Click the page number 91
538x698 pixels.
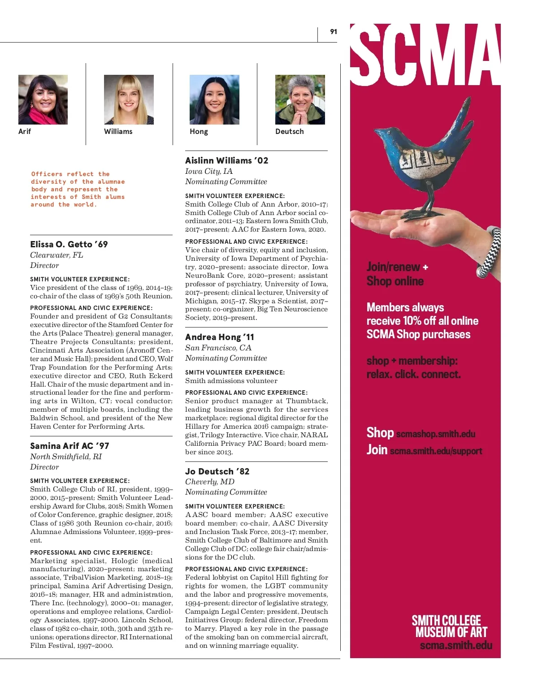pyautogui.click(x=333, y=31)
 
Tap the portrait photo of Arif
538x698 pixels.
pyautogui.click(x=43, y=99)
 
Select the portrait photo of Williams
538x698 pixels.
pyautogui.click(x=129, y=99)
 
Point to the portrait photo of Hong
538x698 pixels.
pyautogui.click(x=214, y=99)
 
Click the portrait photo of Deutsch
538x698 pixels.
pyautogui.click(x=300, y=99)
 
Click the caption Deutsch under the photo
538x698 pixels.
pyautogui.click(x=289, y=131)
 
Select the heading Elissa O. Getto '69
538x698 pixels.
pyautogui.click(x=69, y=244)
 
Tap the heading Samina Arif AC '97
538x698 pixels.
pyautogui.click(x=69, y=446)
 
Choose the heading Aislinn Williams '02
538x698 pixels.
pyautogui.click(x=226, y=160)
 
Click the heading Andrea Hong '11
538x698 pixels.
pyautogui.click(x=220, y=337)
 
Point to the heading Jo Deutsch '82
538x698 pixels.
pyautogui.click(x=217, y=471)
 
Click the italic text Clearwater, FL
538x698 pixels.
pyautogui.click(x=56, y=255)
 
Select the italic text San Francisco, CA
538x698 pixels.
pyautogui.click(x=218, y=348)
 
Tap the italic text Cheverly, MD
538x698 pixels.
pyautogui.click(x=210, y=482)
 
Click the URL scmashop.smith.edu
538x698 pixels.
pyautogui.click(x=435, y=434)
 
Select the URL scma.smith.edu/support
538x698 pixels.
pyautogui.click(x=436, y=451)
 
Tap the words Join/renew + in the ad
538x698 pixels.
pyautogui.click(x=397, y=267)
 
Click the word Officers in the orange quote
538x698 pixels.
pyautogui.click(x=47, y=174)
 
